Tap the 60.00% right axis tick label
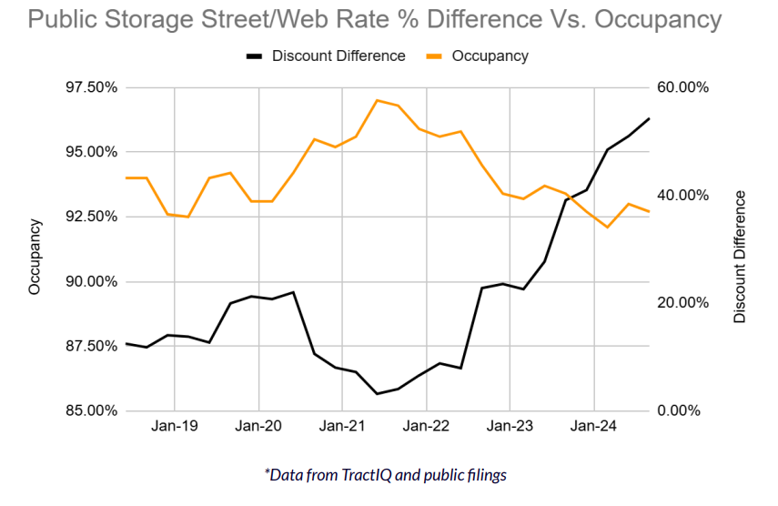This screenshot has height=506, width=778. pos(682,87)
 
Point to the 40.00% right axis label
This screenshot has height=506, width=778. pos(682,196)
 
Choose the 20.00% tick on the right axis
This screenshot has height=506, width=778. pos(682,303)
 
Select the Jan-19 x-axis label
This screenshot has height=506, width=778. pos(174,426)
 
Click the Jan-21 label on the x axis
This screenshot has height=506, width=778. pos(342,426)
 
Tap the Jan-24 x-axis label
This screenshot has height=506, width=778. pos(594,426)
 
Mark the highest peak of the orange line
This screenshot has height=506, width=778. pos(377,100)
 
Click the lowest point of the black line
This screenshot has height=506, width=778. pos(377,394)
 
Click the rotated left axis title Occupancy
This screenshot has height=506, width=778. pos(35,256)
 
